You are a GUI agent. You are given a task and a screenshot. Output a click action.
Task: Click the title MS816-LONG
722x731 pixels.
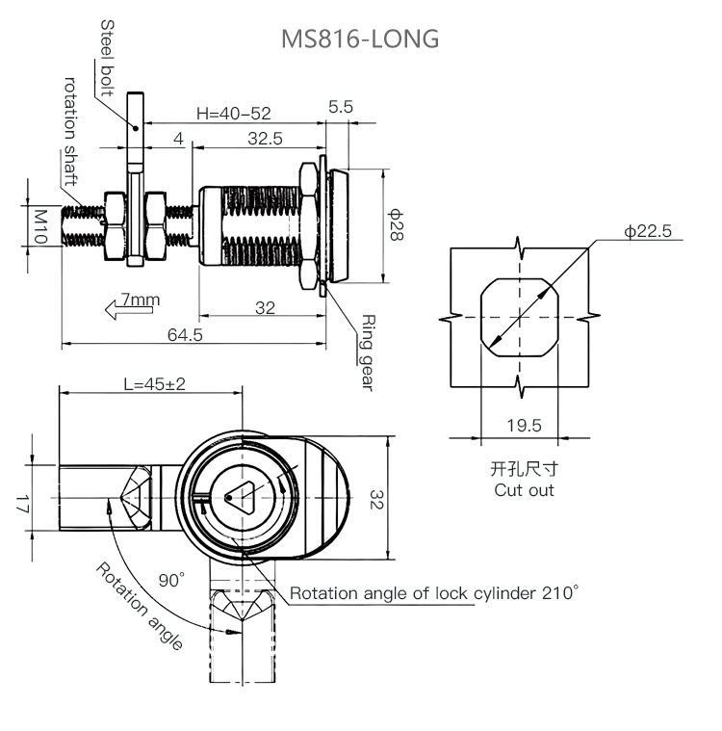pos(360,39)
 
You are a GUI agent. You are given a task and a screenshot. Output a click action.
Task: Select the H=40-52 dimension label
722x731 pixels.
pos(234,114)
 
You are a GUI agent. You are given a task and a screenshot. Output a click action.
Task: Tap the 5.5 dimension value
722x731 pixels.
pos(340,107)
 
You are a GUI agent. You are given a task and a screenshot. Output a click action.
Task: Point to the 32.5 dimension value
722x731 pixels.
pos(266,139)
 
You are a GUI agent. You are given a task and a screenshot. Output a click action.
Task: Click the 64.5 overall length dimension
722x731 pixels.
pos(185,335)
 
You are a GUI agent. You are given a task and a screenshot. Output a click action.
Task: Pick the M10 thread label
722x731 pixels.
pos(41,226)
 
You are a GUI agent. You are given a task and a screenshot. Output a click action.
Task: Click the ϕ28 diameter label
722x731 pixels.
pos(396,224)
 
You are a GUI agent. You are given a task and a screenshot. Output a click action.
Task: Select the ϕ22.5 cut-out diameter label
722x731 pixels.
pos(648,231)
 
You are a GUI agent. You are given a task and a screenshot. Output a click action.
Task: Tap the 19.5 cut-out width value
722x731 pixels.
pos(524,425)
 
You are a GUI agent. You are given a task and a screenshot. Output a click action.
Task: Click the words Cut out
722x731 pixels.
pos(524,490)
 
